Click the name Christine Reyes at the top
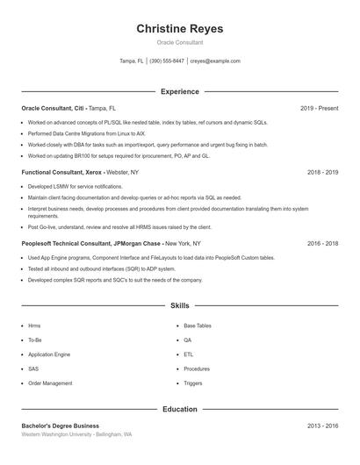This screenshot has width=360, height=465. coord(180,29)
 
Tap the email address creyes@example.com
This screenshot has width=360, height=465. coord(215,61)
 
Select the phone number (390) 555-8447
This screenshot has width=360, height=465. coord(167,61)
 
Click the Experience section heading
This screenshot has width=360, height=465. coord(180,91)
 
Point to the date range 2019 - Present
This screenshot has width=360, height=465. coord(319,108)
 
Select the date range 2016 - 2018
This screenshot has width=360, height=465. coord(322,243)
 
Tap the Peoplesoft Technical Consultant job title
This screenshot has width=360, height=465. coord(76,243)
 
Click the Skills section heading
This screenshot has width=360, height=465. coord(180,306)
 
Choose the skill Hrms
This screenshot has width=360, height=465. coord(34,325)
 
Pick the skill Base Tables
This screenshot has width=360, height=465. coord(198,325)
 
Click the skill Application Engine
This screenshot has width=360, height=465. coord(49,354)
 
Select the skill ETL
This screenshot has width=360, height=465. coord(189,354)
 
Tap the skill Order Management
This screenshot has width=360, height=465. coord(50,383)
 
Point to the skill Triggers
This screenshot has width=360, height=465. coord(193,383)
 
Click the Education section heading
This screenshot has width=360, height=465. coord(180,409)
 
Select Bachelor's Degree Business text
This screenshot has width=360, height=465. coord(61,426)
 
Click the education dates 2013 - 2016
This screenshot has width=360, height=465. coord(322,426)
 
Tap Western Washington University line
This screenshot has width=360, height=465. coord(76,434)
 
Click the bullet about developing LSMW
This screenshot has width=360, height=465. coord(76,187)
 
